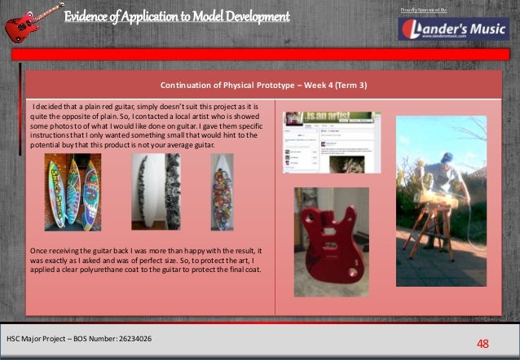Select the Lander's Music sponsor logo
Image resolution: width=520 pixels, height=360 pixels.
click(x=454, y=29)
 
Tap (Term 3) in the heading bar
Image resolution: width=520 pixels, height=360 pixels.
click(x=349, y=84)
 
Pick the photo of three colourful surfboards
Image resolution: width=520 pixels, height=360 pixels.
click(x=68, y=192)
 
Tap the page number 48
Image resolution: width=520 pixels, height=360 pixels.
click(x=483, y=343)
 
